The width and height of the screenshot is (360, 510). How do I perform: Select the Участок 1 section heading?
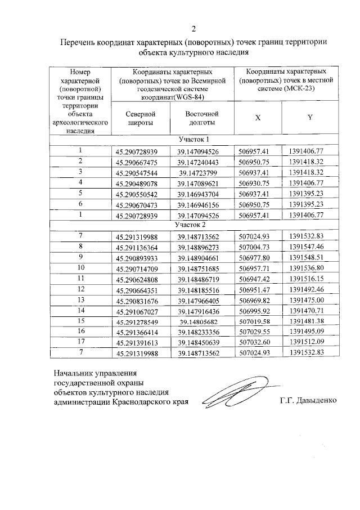coord(193,140)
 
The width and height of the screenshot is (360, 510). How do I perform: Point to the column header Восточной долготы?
coord(201,118)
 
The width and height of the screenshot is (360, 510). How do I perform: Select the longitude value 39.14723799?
coord(201,172)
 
